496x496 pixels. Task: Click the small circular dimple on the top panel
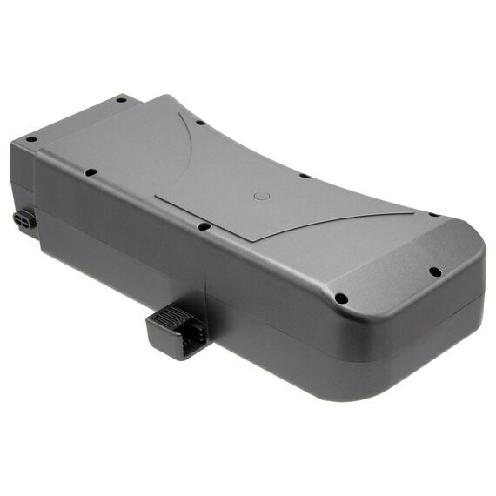pyautogui.click(x=261, y=196)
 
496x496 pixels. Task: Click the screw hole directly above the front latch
pyautogui.click(x=203, y=227)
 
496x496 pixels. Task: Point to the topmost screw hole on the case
pyautogui.click(x=121, y=99)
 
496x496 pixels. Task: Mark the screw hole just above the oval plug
pyautogui.click(x=30, y=139)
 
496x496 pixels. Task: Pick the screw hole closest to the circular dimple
pyautogui.click(x=304, y=175)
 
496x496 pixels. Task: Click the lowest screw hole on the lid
pyautogui.click(x=340, y=298)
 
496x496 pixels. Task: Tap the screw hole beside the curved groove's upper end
pyautogui.click(x=199, y=122)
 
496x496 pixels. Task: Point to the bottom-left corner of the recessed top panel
pyautogui.click(x=157, y=197)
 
